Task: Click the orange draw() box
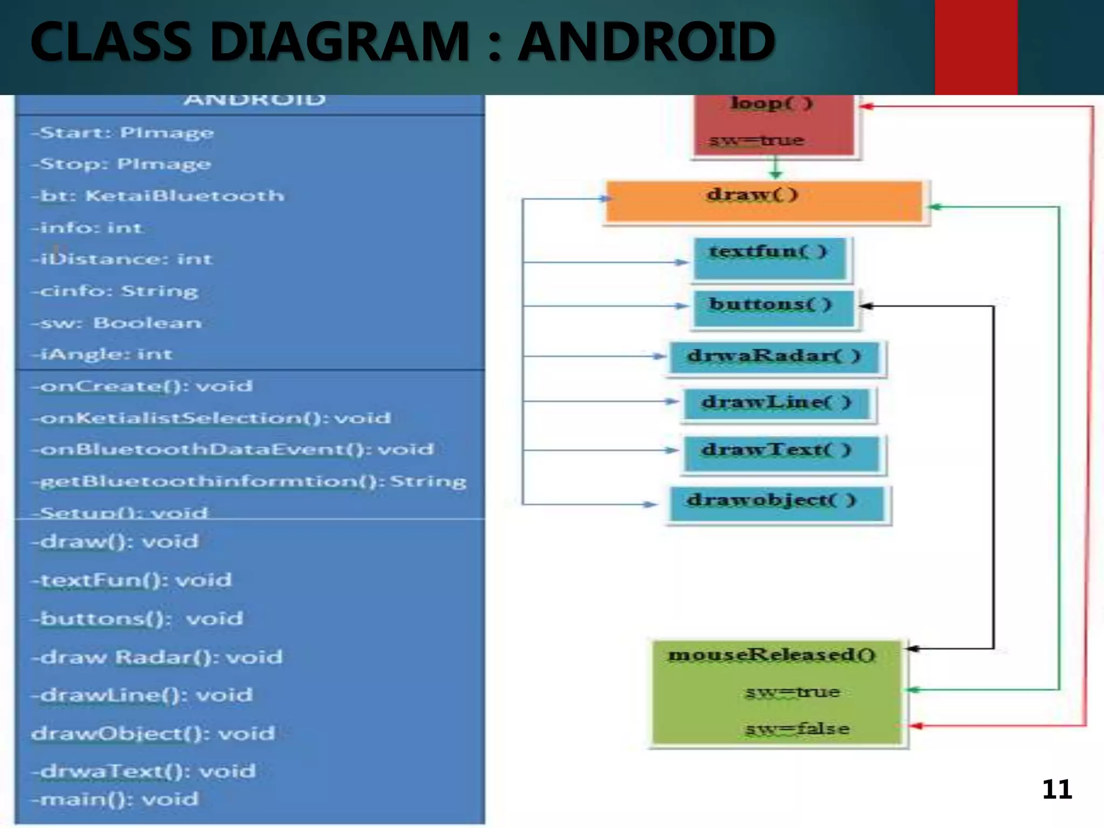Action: [764, 202]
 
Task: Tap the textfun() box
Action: [769, 259]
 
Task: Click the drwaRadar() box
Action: [775, 357]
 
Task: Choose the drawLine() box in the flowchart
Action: [777, 403]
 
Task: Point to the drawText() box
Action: [781, 453]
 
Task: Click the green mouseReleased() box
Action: [776, 692]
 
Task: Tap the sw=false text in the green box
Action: [797, 729]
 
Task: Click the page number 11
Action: [1057, 790]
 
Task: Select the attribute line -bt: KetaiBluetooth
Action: [157, 196]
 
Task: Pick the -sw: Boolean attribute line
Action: [117, 323]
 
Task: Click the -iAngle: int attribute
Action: [102, 354]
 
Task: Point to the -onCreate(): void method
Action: [142, 386]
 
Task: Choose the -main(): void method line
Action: [115, 799]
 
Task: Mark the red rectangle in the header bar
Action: [976, 47]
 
